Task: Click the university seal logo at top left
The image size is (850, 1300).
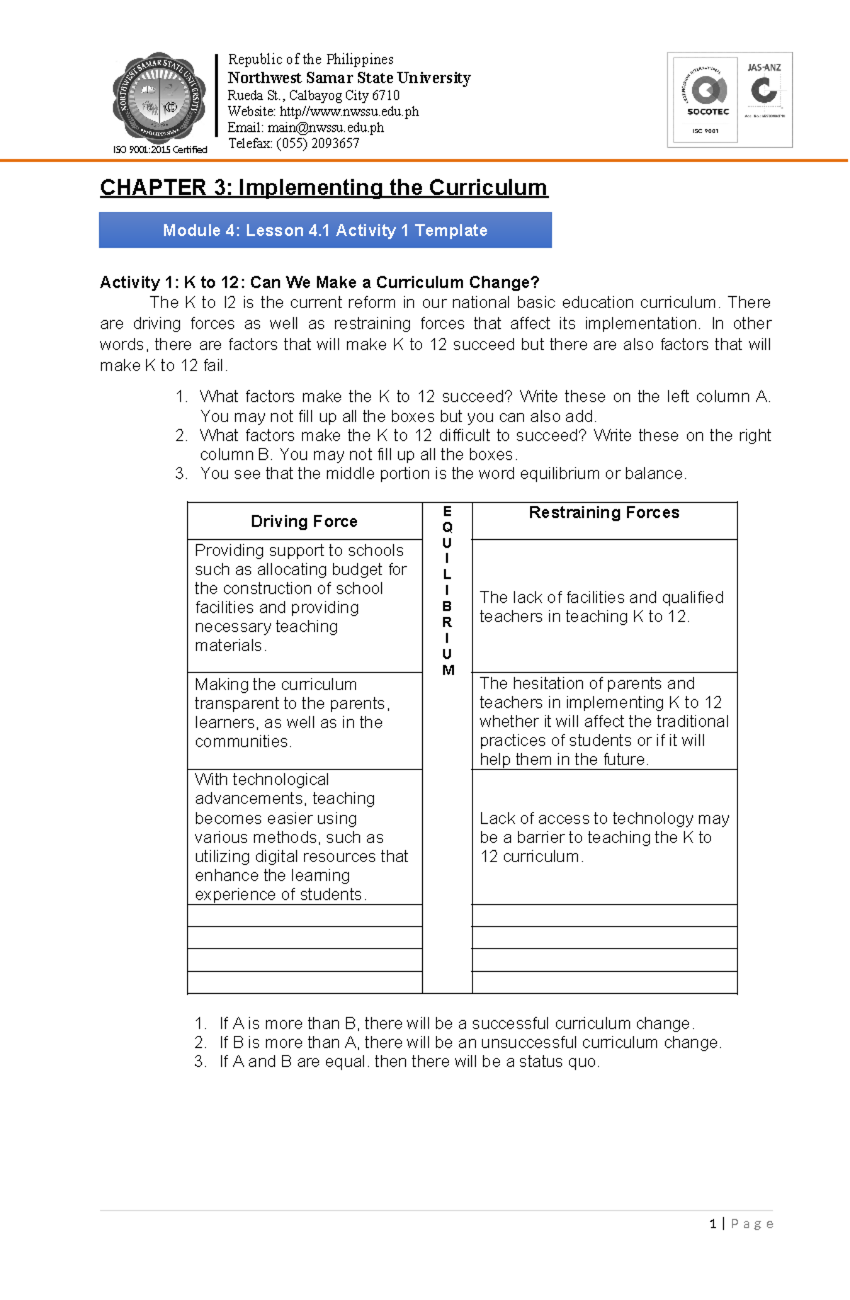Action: point(159,98)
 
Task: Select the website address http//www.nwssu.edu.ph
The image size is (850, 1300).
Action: point(349,112)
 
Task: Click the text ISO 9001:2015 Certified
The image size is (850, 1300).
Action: point(160,149)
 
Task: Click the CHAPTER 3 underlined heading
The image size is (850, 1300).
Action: point(324,188)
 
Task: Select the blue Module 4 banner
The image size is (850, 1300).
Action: point(325,230)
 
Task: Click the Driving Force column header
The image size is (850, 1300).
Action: point(304,521)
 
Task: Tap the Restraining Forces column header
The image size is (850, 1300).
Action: point(603,513)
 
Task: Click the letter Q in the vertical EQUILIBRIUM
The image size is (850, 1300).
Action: point(447,527)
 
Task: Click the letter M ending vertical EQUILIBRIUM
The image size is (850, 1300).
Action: point(448,670)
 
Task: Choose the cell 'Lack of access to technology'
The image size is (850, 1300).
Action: point(603,837)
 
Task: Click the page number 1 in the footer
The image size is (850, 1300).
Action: point(712,1223)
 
